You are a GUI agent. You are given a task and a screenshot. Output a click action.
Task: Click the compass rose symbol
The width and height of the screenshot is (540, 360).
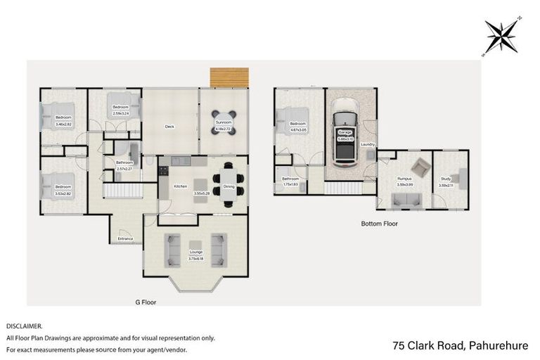click(502, 35)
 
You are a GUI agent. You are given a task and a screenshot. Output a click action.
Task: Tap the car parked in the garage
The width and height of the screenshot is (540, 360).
click(345, 136)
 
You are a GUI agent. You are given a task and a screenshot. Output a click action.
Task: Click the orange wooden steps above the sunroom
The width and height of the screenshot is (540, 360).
click(229, 77)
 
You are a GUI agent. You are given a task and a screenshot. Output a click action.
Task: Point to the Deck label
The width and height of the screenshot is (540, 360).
click(169, 127)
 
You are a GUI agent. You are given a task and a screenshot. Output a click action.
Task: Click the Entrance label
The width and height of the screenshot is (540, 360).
click(126, 239)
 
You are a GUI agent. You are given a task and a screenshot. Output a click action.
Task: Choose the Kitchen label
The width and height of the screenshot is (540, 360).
click(180, 186)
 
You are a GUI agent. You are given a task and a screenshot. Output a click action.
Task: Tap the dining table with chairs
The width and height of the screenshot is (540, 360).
click(230, 181)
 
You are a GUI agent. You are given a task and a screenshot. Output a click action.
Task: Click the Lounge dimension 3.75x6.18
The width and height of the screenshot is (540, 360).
click(195, 258)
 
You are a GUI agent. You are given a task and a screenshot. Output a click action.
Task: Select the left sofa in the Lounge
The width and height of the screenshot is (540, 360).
click(172, 250)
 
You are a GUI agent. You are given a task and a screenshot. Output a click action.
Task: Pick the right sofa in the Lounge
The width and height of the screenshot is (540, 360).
click(219, 250)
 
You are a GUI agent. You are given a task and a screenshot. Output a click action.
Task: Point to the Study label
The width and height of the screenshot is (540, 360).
click(446, 179)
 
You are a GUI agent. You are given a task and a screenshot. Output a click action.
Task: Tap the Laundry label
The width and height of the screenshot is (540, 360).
click(368, 145)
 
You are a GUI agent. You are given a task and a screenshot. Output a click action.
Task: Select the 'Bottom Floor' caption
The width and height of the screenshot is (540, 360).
click(380, 224)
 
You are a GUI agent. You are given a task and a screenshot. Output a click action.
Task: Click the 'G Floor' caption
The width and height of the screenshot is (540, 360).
click(146, 302)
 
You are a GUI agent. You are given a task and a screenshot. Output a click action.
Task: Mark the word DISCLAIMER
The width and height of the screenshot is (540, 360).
click(25, 326)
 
